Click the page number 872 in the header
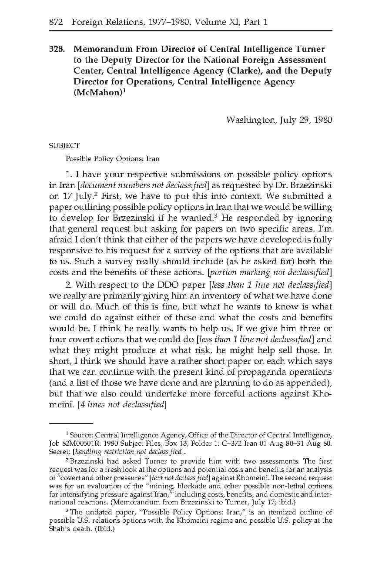click(56, 22)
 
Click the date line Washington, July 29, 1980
click(279, 120)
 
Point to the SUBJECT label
click(64, 146)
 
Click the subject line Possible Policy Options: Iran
click(112, 159)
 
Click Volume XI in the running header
click(215, 22)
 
